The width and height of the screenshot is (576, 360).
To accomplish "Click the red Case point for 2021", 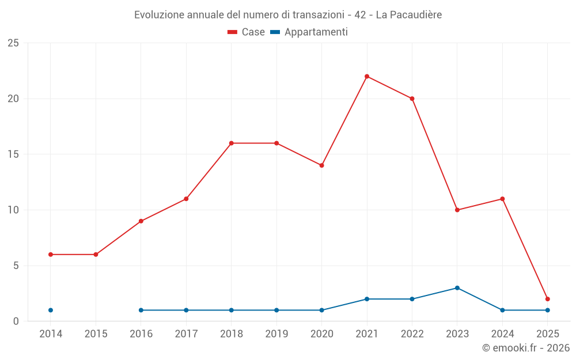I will [367, 77].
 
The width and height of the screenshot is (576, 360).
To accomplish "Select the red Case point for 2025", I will [548, 299].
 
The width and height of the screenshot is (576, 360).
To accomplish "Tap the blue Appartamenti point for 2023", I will [457, 288].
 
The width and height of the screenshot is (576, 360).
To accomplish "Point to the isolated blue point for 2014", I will [51, 310].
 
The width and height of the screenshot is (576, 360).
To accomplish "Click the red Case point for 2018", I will [232, 143].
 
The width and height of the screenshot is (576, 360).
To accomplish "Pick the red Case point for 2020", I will [322, 165].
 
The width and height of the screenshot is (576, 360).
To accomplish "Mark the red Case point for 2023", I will [457, 210].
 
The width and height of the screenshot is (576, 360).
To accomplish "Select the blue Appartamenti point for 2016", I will [141, 310].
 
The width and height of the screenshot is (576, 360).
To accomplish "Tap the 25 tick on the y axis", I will [13, 43].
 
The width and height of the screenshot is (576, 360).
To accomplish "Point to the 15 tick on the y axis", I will [13, 154].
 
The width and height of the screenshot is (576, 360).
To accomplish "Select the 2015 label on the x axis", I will [96, 334].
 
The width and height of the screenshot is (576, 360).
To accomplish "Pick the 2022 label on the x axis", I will [412, 334].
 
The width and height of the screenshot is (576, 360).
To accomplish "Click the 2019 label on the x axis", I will [276, 334].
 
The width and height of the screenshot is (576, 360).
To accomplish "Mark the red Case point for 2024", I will [502, 199].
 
